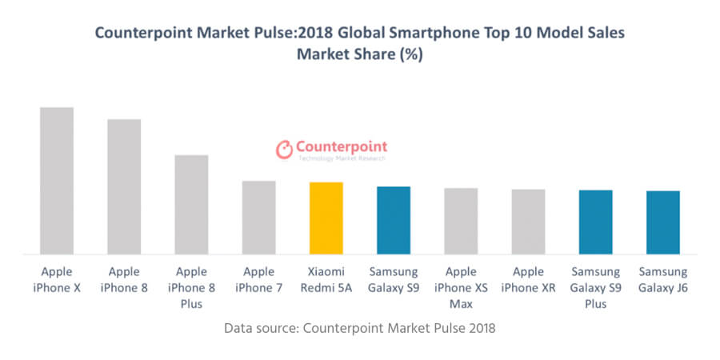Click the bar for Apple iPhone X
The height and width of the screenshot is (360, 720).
pos(57,181)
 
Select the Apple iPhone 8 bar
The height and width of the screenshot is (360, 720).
pos(124,186)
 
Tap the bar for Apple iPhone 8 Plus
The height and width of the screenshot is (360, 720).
pos(191,205)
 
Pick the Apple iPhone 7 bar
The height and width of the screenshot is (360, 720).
pos(258,218)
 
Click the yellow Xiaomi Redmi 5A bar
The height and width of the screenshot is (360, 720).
pos(326,218)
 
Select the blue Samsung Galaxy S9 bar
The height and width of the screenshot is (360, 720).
pos(394,220)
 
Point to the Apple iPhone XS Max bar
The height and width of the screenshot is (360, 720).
pos(461,221)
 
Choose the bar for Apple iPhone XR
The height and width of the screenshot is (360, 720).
pos(528,222)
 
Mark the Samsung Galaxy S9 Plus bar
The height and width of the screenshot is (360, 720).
pos(595,222)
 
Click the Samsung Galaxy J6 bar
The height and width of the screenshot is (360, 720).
pos(662,222)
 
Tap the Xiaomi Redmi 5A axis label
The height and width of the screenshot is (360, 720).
pos(326,280)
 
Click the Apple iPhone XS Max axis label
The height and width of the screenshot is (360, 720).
pos(461,288)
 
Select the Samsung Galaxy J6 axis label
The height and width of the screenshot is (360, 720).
pos(662,280)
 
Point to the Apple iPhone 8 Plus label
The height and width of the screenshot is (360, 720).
pos(191,288)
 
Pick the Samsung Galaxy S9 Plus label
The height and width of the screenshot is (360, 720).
pos(595,288)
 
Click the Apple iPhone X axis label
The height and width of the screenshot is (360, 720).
pos(57,280)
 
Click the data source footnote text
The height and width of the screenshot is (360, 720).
pos(360,329)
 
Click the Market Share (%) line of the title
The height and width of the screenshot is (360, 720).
pos(360,55)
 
